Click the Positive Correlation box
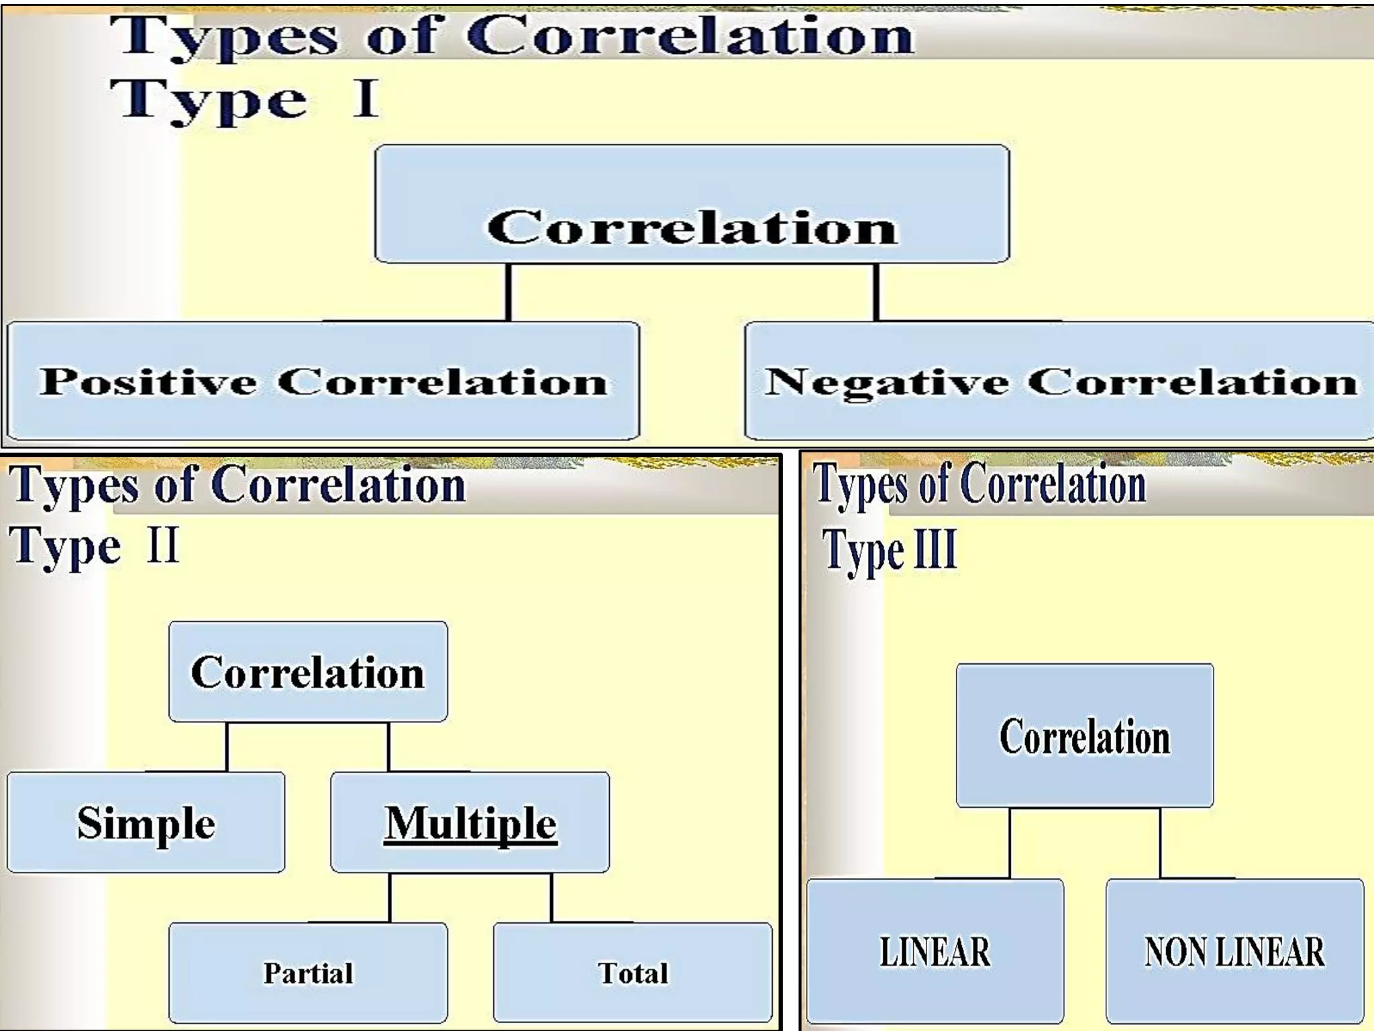pos(323,381)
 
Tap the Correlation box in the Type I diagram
pos(692,204)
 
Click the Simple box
pos(146,822)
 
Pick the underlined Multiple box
pos(470,822)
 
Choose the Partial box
pos(308,973)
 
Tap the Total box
pos(633,973)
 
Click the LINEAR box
pos(935,951)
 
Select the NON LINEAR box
pos(1234,951)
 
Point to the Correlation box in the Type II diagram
pos(308,672)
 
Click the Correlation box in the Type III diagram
pos(1084,736)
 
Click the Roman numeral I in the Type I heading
pos(366,99)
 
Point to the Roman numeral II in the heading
pos(163,545)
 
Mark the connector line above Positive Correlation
pos(508,292)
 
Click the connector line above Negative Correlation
pos(876,292)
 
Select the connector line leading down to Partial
pos(390,897)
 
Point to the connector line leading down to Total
pos(551,897)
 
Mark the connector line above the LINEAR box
pos(1010,843)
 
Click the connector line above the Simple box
pos(227,746)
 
